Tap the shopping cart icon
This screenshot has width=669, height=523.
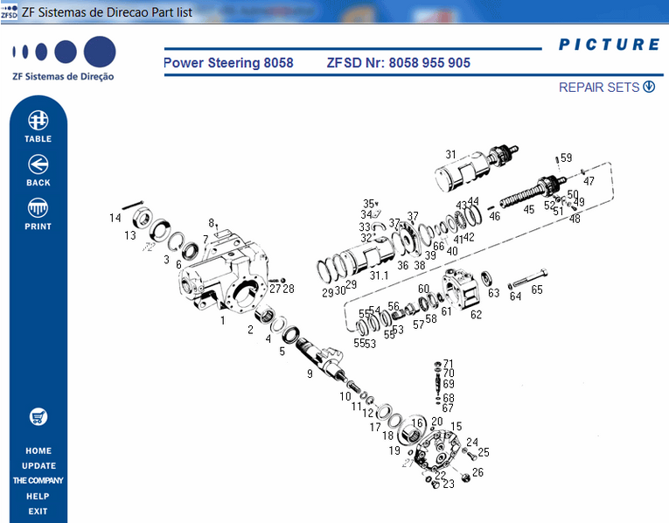(38, 416)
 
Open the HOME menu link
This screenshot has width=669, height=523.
(38, 451)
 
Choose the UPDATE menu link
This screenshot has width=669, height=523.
(38, 466)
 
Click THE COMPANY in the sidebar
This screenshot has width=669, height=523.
(38, 481)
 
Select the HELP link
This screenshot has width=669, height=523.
(38, 497)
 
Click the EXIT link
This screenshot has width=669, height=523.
(38, 512)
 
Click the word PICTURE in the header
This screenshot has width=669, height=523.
(609, 45)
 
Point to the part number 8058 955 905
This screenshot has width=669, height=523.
(429, 64)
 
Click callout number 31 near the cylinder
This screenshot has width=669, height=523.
(450, 155)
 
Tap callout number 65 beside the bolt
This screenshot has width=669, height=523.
(537, 289)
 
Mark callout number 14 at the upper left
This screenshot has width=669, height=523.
(115, 218)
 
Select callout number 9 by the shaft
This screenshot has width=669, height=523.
(309, 374)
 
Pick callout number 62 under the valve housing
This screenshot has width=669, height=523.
(476, 315)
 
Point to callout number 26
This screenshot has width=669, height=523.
(477, 472)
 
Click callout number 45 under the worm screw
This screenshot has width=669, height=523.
(528, 210)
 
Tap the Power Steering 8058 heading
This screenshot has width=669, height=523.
(228, 64)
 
